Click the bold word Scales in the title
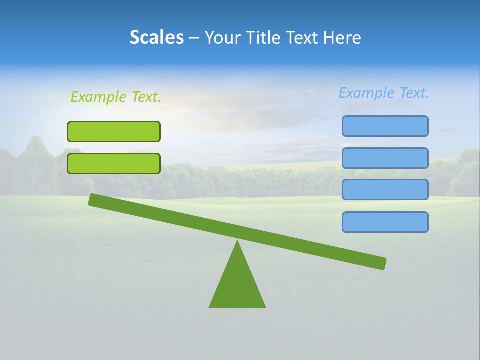pos(156,37)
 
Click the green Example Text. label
pos(116,97)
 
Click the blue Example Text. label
pos(384,93)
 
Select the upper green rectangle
pos(114,131)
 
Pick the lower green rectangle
pos(114,163)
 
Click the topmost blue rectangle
pos(385,126)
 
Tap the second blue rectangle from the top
pos(385,158)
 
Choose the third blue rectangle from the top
pos(385,190)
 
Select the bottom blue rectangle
pos(385,222)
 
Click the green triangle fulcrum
pos(237,285)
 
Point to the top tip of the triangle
pos(237,242)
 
